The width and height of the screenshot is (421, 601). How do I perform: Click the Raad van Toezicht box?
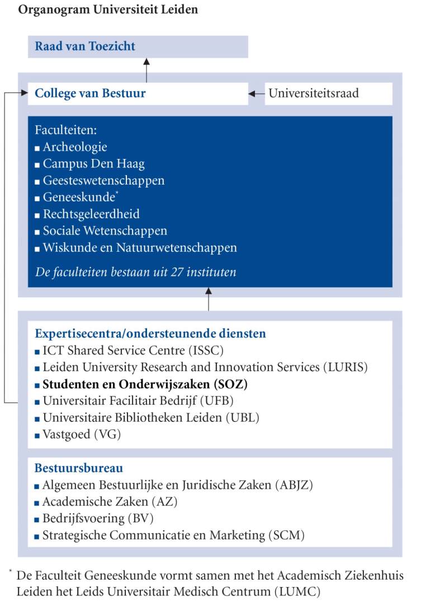click(x=138, y=46)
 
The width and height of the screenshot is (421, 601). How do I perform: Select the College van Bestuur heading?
click(x=90, y=93)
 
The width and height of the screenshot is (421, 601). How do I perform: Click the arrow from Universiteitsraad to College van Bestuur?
click(x=257, y=93)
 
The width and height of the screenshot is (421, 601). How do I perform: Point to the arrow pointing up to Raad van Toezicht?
click(x=147, y=70)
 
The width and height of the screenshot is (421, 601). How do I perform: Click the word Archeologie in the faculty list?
click(x=75, y=148)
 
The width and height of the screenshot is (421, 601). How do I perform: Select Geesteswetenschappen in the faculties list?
click(x=103, y=181)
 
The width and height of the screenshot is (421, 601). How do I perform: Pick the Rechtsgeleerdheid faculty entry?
click(x=91, y=214)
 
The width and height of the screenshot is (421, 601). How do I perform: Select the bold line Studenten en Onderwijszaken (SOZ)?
click(x=145, y=384)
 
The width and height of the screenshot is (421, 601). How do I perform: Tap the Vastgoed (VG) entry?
click(x=82, y=434)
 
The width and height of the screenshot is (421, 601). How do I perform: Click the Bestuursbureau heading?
click(x=79, y=468)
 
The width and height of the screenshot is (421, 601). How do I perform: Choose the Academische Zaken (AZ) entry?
click(x=110, y=501)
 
